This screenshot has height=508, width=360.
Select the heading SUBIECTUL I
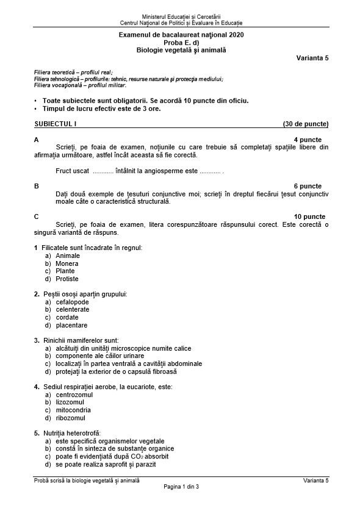pyautogui.click(x=56, y=124)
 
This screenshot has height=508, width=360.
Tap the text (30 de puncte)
pyautogui.click(x=306, y=124)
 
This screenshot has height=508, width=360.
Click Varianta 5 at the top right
pyautogui.click(x=312, y=58)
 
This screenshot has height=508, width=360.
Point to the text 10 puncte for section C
pyautogui.click(x=309, y=216)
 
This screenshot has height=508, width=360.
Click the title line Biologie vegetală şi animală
pyautogui.click(x=181, y=50)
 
